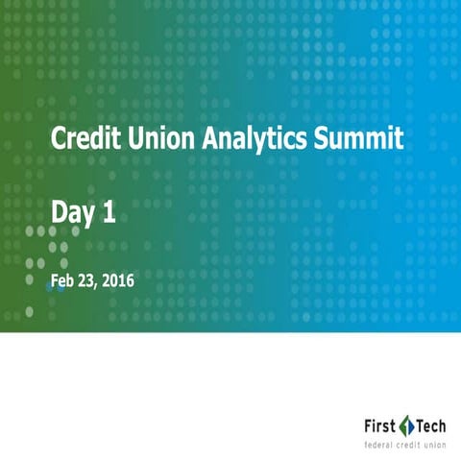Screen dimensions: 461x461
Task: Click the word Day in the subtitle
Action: coord(72,215)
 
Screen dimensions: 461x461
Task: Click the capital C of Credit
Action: coord(58,139)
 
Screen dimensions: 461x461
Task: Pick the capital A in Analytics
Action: coord(212,139)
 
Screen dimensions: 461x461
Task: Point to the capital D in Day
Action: coord(59,213)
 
